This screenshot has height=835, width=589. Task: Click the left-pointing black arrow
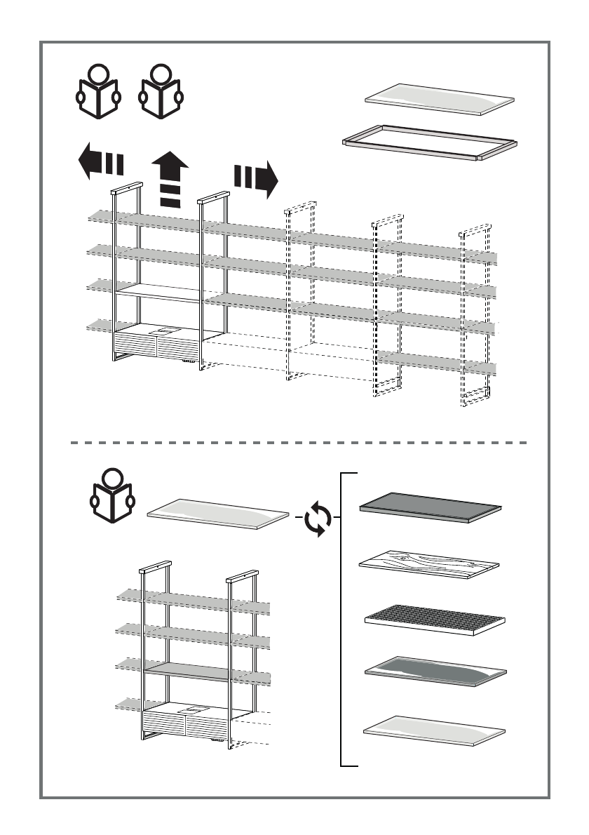(x=100, y=161)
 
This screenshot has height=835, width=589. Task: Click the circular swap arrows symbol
(x=319, y=519)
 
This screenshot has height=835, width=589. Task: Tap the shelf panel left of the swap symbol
(x=218, y=513)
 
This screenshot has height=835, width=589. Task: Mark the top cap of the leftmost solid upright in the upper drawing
(x=128, y=188)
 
